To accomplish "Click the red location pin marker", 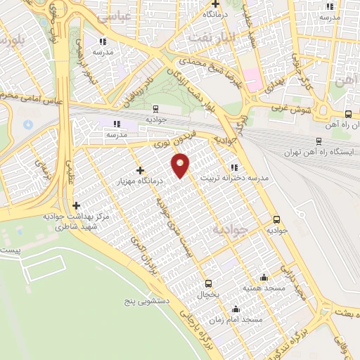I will [x=181, y=166].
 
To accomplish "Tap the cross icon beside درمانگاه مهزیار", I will [x=141, y=169].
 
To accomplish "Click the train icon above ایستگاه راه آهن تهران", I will [x=319, y=141].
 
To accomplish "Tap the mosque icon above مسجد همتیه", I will [x=264, y=277].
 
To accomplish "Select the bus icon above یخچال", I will [x=207, y=283].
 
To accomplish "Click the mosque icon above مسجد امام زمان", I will [x=236, y=309].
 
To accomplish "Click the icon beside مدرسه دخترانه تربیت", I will [x=233, y=167].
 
